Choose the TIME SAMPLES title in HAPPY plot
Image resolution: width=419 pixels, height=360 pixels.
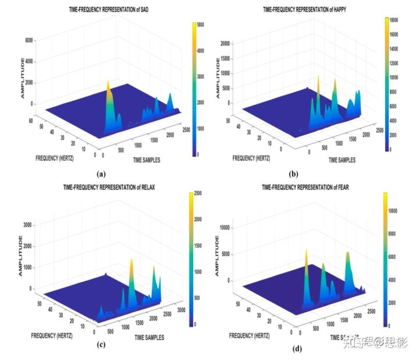pos(350,158)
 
